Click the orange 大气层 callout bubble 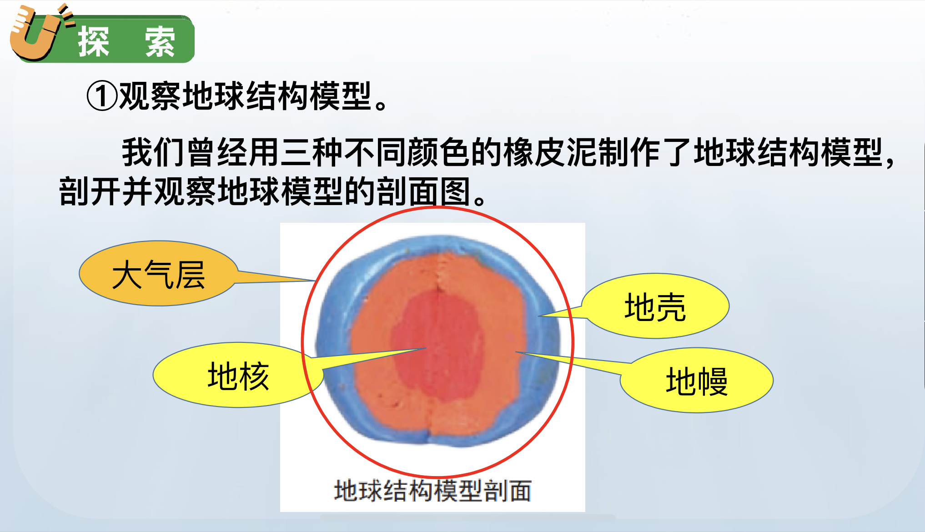point(158,273)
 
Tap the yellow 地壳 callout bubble point(655,306)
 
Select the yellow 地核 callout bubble point(238,375)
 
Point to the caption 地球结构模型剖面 point(433,491)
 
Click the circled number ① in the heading point(102,96)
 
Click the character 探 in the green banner point(94,42)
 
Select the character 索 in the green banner point(160,42)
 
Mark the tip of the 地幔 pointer point(516,352)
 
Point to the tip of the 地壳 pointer point(539,316)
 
